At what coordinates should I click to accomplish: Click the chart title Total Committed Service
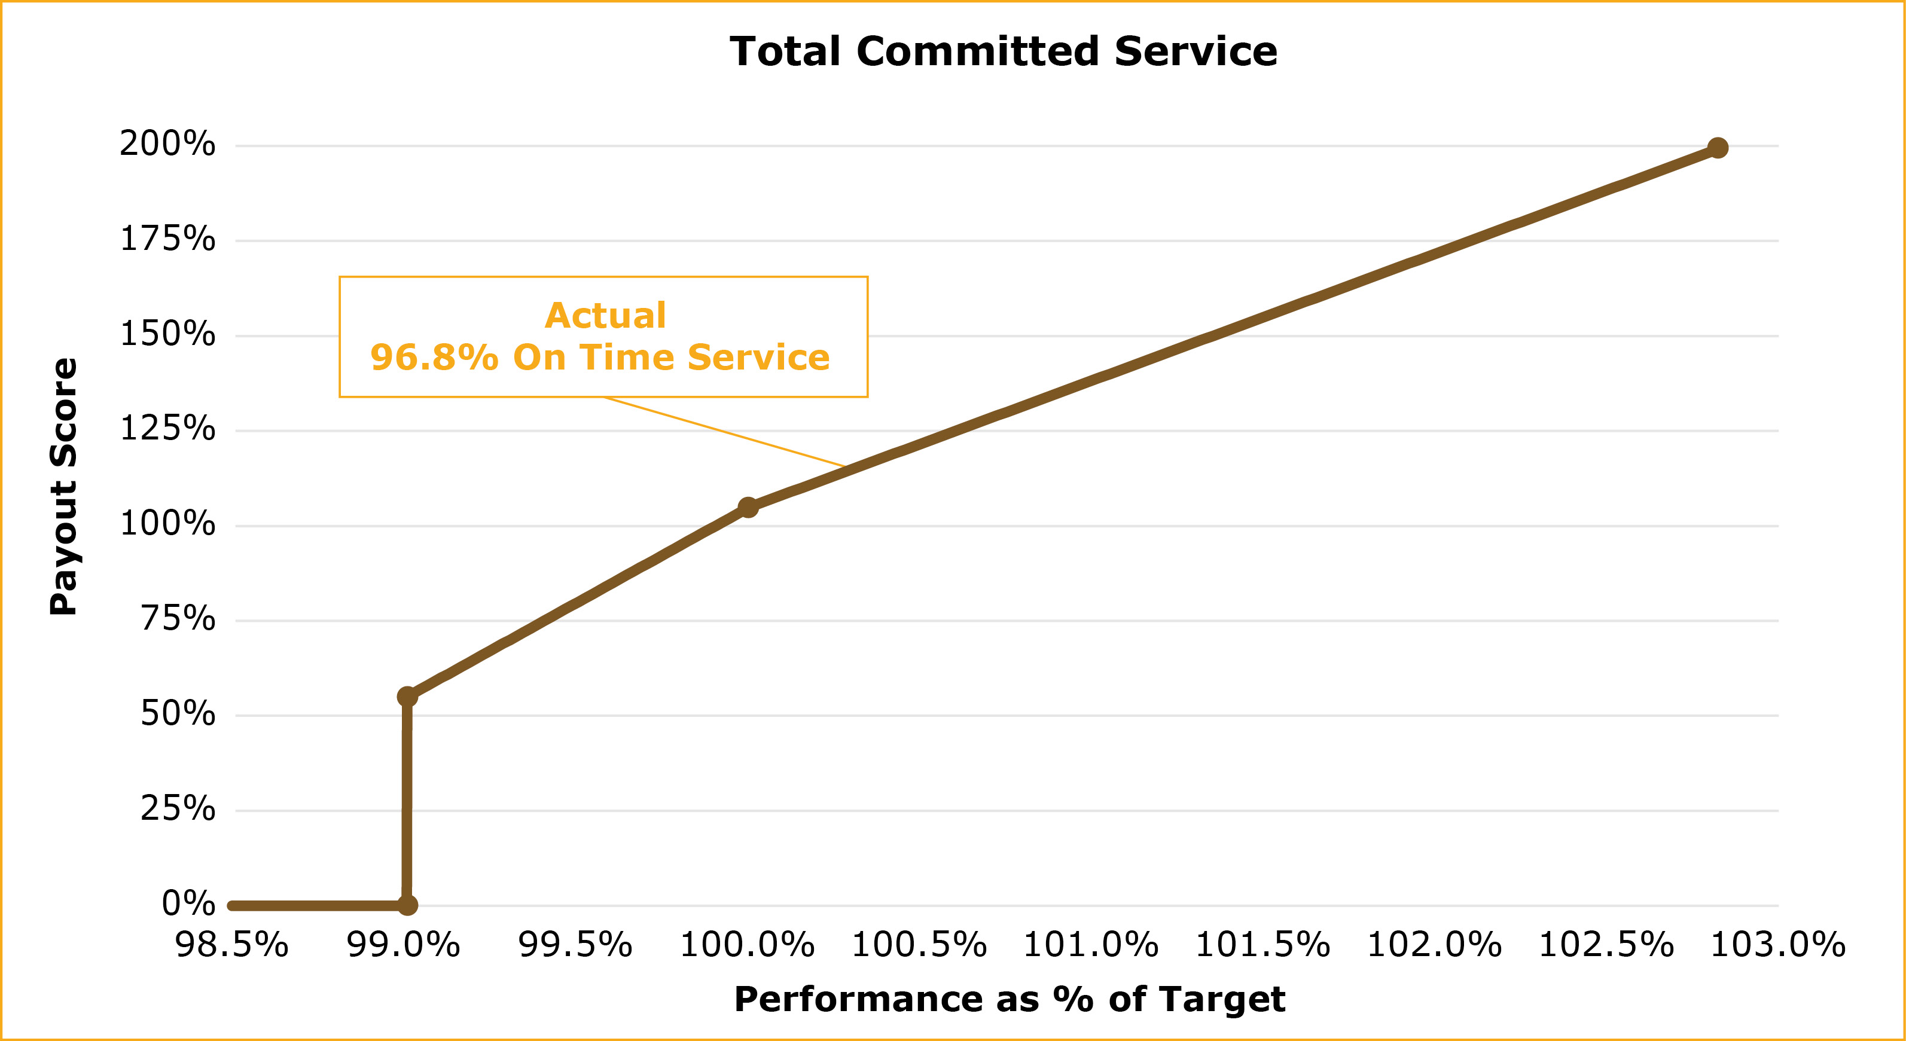pos(1004,52)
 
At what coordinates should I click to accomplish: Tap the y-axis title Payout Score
pos(65,486)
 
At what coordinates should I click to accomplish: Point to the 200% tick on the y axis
pos(168,144)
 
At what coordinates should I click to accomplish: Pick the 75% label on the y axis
pos(178,618)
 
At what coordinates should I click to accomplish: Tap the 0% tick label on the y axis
pos(188,903)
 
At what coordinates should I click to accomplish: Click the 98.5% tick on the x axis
pos(231,945)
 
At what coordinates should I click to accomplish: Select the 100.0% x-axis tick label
pos(746,945)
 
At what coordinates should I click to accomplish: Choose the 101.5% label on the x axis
pos(1262,945)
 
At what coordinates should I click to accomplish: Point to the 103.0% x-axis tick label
pos(1777,945)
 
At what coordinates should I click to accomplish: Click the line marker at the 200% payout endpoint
pos(1718,148)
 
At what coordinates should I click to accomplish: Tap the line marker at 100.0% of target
pos(748,507)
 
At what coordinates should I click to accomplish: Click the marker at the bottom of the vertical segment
pos(407,905)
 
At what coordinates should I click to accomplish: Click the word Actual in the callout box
pos(605,316)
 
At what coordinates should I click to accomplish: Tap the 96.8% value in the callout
pos(434,358)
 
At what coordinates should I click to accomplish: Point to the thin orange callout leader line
pos(725,432)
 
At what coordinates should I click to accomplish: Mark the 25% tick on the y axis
pos(178,808)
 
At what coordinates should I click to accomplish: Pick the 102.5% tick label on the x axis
pos(1606,945)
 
